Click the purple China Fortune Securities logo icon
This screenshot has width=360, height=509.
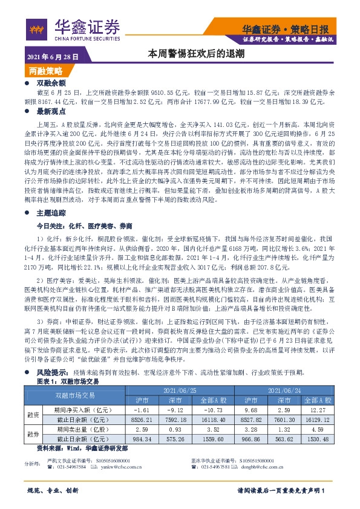point(36,28)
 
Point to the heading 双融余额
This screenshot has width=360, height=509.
point(51,82)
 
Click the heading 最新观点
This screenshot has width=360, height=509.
point(51,112)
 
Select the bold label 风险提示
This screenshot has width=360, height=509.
point(52,372)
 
